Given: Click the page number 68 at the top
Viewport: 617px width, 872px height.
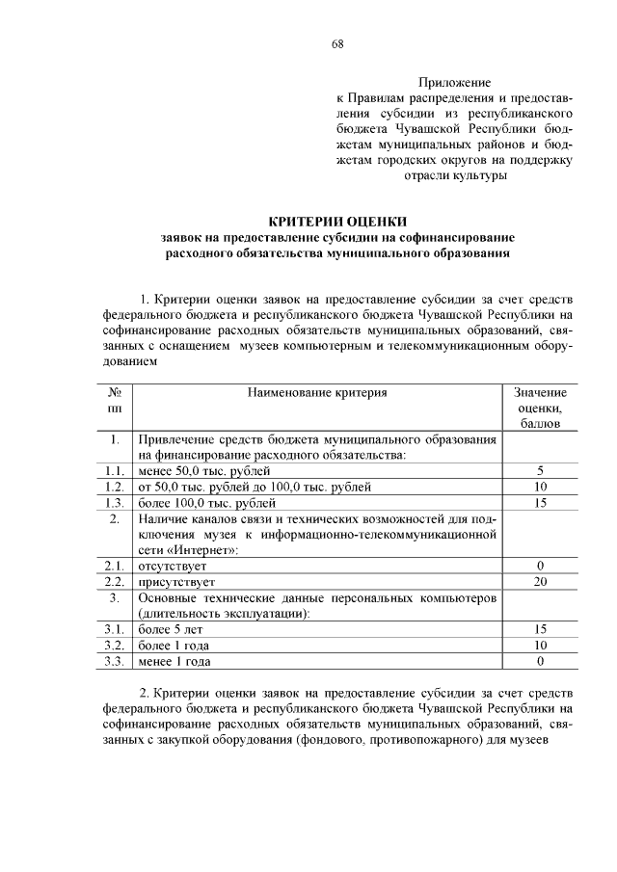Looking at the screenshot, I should (x=337, y=44).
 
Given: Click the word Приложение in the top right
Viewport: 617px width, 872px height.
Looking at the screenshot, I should (x=454, y=83).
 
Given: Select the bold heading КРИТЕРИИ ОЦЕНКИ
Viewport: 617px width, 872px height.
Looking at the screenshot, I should (x=337, y=220).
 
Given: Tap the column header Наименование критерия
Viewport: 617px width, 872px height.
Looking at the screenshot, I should (x=317, y=393).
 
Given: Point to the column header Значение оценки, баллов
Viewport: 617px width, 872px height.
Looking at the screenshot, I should (x=540, y=409).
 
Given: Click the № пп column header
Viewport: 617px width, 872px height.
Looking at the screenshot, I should (x=115, y=401).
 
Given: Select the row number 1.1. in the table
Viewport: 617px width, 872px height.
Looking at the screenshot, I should (x=115, y=470).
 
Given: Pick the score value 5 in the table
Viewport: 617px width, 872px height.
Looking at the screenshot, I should (x=540, y=470).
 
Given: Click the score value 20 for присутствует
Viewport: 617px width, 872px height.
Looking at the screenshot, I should (x=540, y=582).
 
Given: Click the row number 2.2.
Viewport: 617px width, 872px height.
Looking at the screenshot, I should (x=115, y=582).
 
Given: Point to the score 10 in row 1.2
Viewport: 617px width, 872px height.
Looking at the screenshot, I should (x=540, y=487).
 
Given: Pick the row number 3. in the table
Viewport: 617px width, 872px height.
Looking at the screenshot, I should (x=115, y=597).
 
